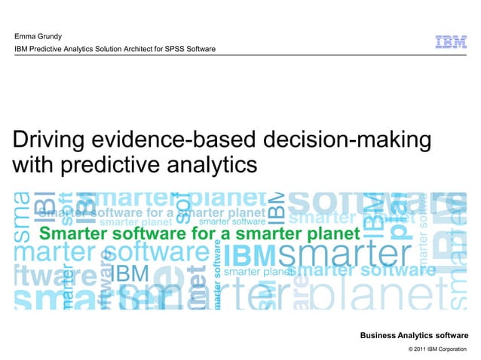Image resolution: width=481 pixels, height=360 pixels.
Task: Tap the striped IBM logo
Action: (451, 43)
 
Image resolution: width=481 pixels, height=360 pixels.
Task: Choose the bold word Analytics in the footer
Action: (419, 335)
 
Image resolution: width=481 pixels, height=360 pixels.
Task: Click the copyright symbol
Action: (410, 349)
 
